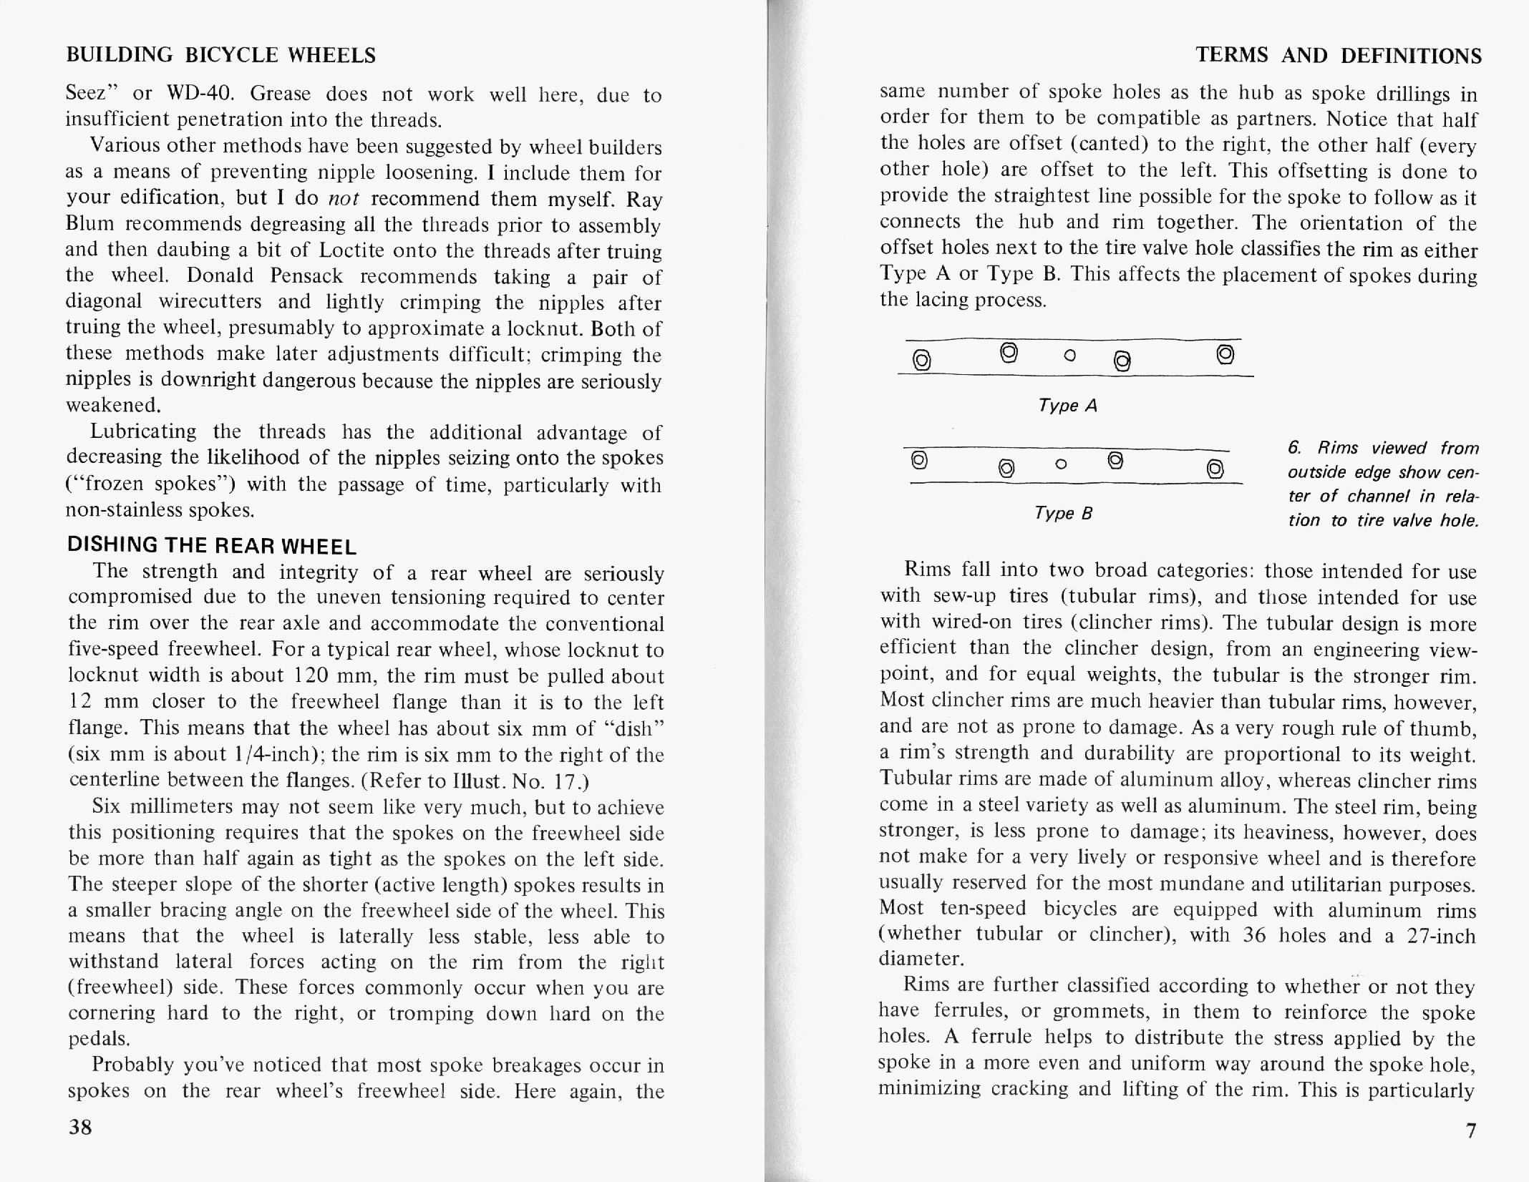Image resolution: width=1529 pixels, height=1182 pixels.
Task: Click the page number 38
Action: coord(80,1127)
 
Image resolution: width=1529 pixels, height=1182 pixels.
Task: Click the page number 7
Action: coord(1470,1130)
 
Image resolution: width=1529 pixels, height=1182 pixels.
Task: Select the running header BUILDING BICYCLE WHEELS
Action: coord(220,55)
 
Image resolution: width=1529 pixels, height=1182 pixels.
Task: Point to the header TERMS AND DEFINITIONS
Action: coord(1339,55)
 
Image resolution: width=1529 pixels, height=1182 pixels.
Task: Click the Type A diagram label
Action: coord(1067,406)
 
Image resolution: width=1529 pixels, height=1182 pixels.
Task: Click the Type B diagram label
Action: coord(1063,513)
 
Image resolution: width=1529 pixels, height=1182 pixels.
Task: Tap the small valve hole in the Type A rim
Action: coord(1070,355)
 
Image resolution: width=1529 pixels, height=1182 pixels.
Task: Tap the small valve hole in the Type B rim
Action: coord(1062,464)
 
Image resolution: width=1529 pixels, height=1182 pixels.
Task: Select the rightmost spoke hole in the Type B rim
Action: coord(1214,469)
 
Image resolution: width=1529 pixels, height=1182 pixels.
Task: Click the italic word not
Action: coord(344,198)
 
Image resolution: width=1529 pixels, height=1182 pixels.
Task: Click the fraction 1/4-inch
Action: coord(271,754)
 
